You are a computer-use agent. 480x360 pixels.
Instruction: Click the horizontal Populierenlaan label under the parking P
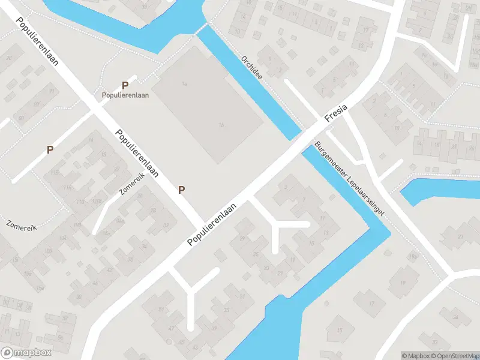pyautogui.click(x=125, y=95)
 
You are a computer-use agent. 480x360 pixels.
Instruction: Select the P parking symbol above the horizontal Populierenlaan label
pyautogui.click(x=125, y=85)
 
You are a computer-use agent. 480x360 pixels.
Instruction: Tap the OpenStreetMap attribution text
pyautogui.click(x=454, y=356)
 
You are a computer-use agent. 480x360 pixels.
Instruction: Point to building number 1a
pyautogui.click(x=185, y=83)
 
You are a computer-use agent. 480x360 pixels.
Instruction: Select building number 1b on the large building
pyautogui.click(x=221, y=125)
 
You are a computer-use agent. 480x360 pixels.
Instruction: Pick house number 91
pyautogui.click(x=52, y=91)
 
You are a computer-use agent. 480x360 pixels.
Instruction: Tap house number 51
pyautogui.click(x=161, y=310)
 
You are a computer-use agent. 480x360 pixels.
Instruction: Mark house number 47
pyautogui.click(x=172, y=329)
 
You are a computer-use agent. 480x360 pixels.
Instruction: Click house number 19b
pyautogui.click(x=413, y=257)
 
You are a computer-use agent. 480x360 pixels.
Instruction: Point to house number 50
pyautogui.click(x=79, y=296)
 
